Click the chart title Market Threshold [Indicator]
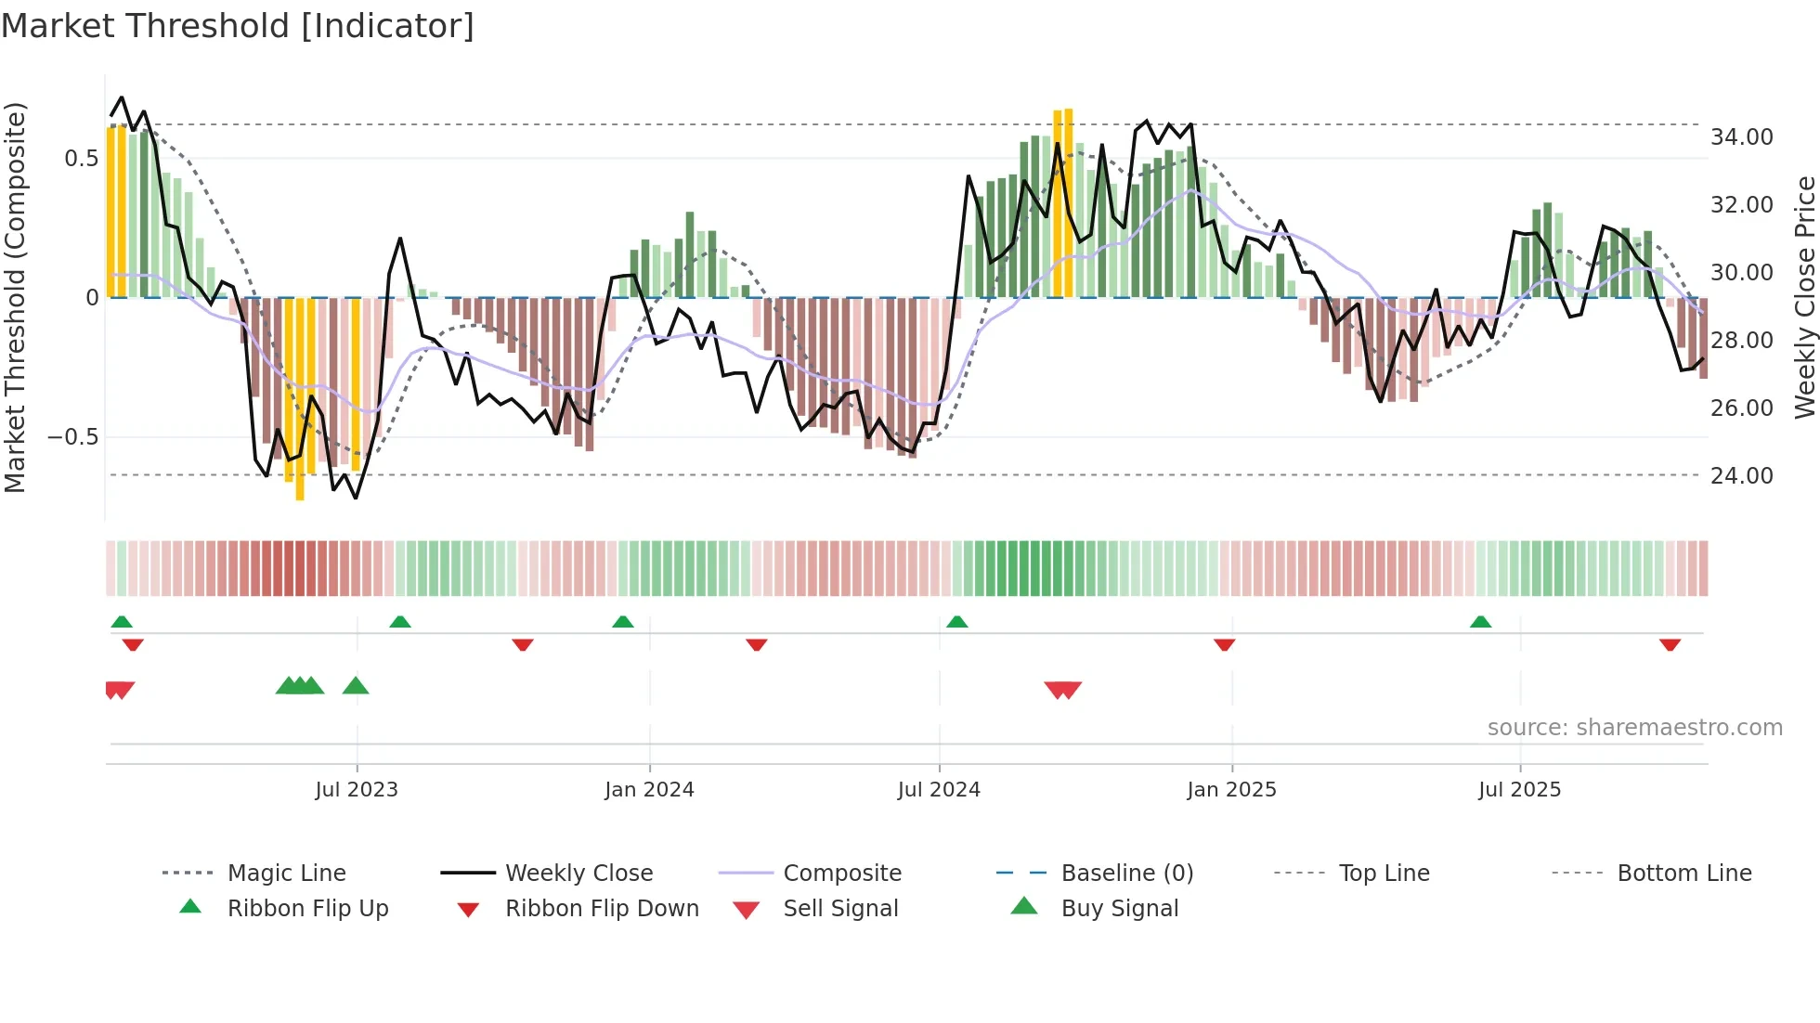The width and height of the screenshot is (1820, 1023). pos(238,26)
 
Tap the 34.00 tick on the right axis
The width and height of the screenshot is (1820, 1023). pos(1741,137)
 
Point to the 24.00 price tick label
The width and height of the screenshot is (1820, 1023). pos(1741,476)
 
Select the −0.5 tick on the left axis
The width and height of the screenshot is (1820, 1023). pos(72,437)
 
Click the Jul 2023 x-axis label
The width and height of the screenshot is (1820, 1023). pos(357,790)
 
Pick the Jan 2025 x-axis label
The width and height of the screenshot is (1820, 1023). pos(1231,790)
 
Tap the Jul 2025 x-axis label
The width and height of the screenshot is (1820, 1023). pos(1519,790)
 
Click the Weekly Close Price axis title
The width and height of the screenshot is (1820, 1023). pos(1804,297)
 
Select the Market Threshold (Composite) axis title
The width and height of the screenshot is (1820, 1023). pos(16,297)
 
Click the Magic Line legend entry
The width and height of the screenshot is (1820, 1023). pos(286,874)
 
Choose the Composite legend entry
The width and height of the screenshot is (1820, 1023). pos(841,874)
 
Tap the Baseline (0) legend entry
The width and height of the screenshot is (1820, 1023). pos(1126,874)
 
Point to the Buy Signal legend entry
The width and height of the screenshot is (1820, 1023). pos(1119,909)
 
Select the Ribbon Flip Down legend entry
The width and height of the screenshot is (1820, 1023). pos(602,909)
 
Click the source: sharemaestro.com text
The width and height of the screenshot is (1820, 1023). pos(1634,728)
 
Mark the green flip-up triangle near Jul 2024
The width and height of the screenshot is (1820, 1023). pos(956,622)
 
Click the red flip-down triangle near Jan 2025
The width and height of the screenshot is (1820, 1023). pos(1224,644)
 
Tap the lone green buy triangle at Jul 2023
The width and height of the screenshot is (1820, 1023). pos(356,687)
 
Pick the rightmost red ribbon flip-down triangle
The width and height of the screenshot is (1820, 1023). pos(1670,644)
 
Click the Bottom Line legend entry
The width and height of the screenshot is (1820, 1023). pos(1683,874)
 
